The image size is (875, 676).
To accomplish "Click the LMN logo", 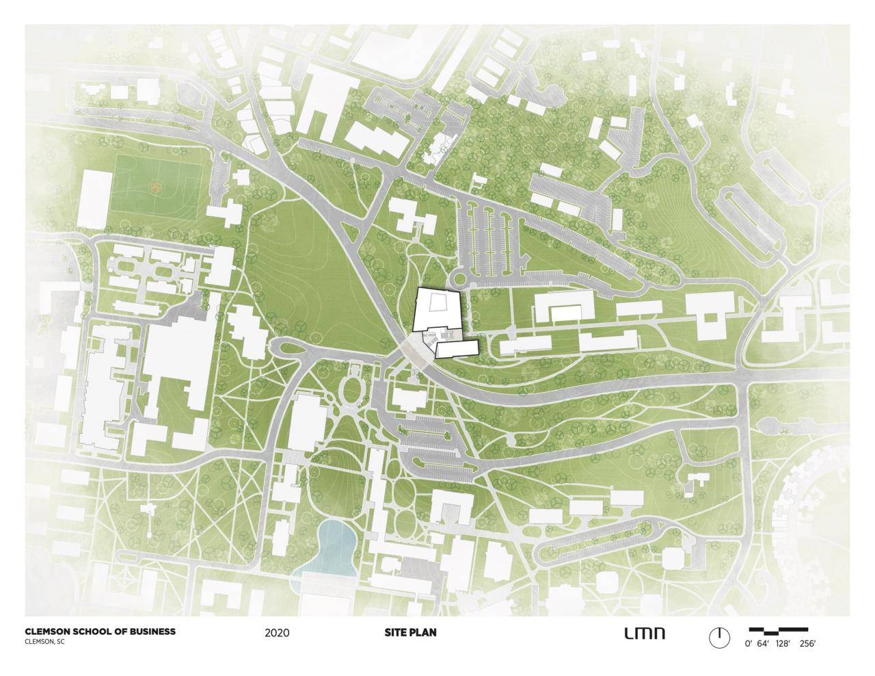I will tap(644, 633).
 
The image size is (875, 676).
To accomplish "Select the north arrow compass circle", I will tap(718, 637).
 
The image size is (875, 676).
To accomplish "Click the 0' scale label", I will tap(748, 644).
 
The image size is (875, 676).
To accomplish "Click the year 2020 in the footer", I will tap(277, 633).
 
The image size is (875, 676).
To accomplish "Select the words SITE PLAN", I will tap(410, 632).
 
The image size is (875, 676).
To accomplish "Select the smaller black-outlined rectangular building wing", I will tap(457, 349).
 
